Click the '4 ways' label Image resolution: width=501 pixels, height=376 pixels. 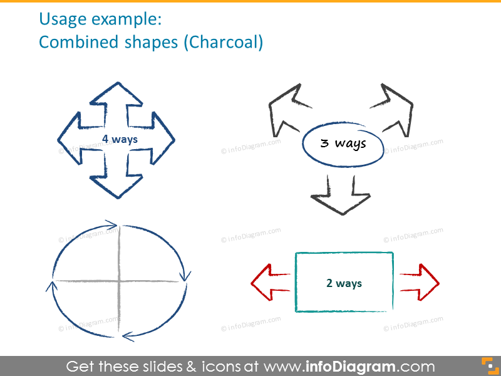click(120, 139)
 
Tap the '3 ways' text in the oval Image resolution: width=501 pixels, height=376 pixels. click(343, 144)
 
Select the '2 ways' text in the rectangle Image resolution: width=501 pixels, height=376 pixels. click(344, 283)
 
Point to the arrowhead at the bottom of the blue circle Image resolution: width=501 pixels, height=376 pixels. click(128, 336)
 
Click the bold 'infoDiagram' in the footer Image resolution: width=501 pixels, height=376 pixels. click(353, 367)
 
